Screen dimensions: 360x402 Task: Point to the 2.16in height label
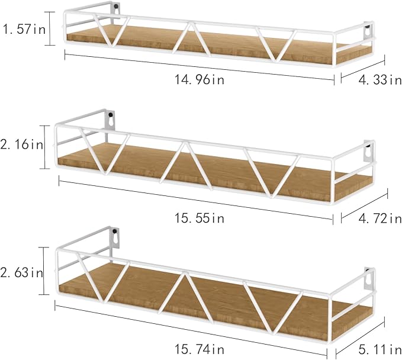pos(21,144)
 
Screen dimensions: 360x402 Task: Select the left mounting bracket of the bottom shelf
pos(115,238)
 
